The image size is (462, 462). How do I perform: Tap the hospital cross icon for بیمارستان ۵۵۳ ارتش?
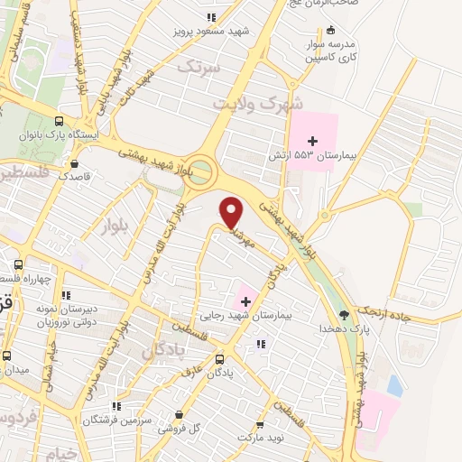pos(313,140)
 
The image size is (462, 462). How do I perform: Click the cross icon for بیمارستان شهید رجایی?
pos(245,300)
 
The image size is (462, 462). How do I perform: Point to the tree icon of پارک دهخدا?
pos(343,315)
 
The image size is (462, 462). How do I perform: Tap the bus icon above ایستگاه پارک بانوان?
pos(60,121)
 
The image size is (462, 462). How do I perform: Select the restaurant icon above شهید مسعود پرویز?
pos(210,16)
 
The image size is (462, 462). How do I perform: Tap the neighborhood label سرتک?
pos(197,66)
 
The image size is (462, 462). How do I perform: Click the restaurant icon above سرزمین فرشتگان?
pos(115,406)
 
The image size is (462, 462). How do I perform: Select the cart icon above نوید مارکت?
pos(261,424)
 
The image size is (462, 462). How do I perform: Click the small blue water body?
pos(394,384)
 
